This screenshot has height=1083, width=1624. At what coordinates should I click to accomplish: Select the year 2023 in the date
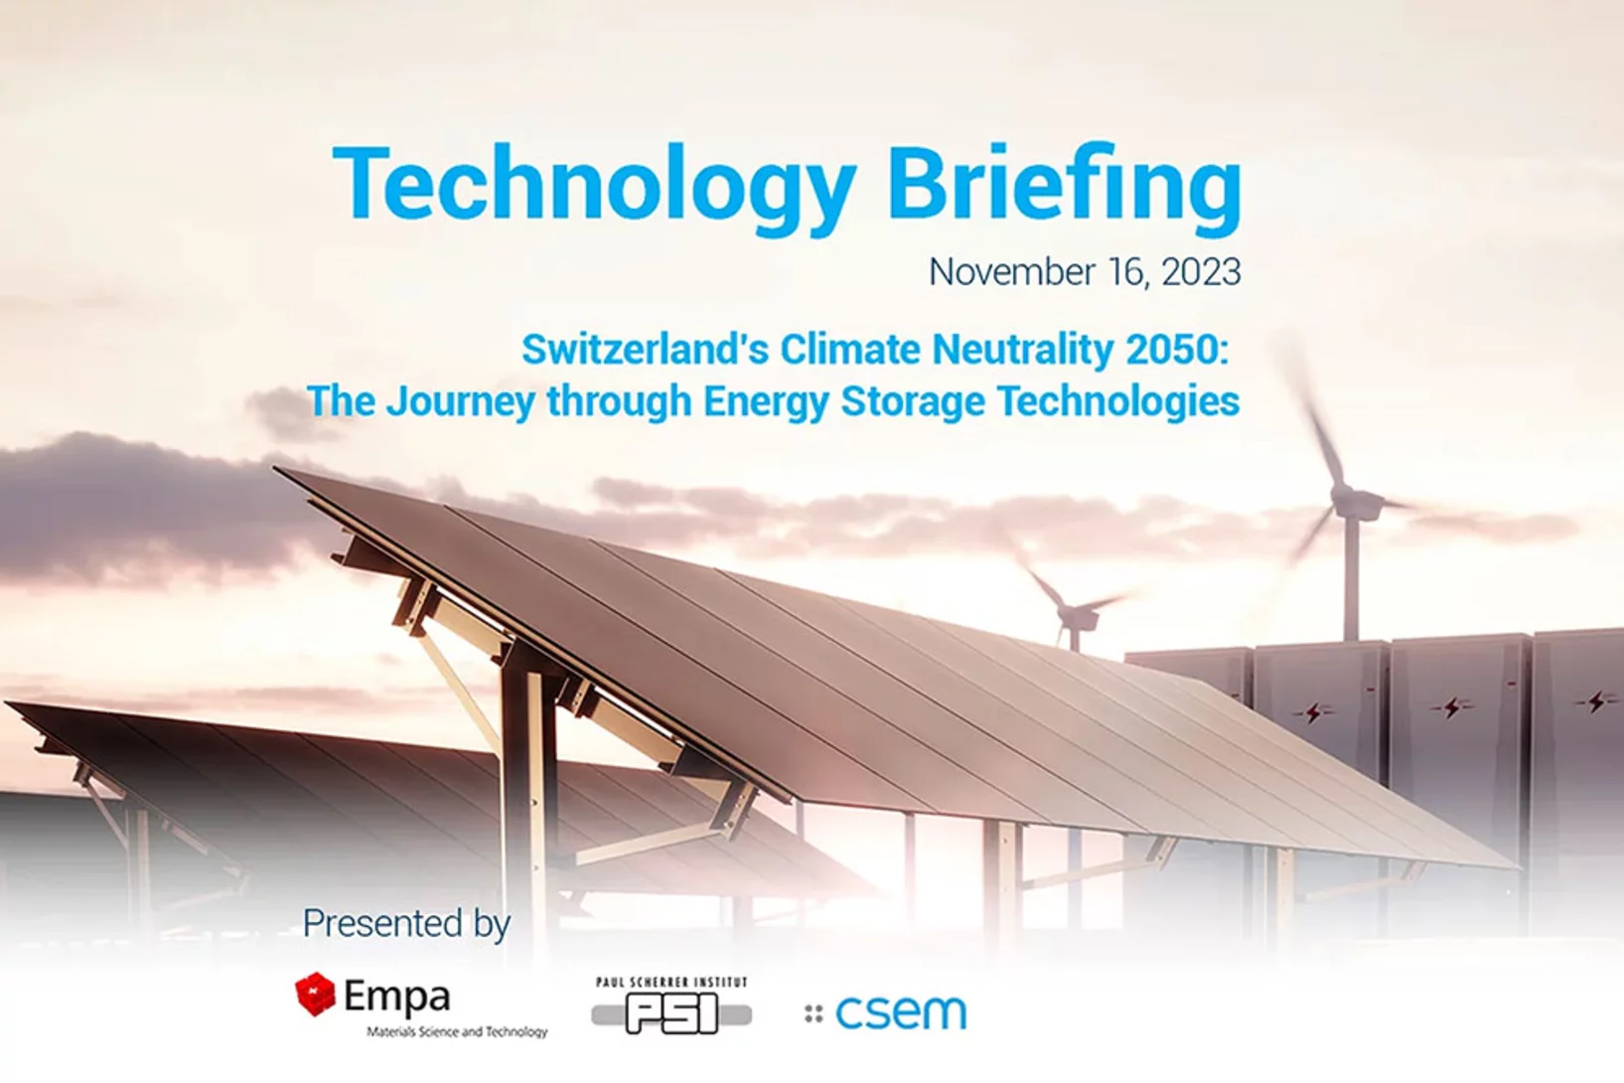click(x=1201, y=272)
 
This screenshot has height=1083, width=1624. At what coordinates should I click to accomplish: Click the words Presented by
click(x=406, y=923)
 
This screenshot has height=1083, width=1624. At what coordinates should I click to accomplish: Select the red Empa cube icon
click(x=316, y=994)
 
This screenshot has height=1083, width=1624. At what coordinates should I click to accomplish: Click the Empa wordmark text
click(x=397, y=996)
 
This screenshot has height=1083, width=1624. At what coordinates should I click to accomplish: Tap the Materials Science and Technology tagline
click(x=457, y=1032)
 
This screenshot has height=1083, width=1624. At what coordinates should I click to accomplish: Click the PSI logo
click(x=671, y=1014)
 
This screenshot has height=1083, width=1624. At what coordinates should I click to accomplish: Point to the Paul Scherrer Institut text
click(x=671, y=983)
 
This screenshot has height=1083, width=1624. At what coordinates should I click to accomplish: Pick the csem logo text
click(x=901, y=1012)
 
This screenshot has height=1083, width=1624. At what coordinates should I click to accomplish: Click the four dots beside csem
click(x=813, y=1013)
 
